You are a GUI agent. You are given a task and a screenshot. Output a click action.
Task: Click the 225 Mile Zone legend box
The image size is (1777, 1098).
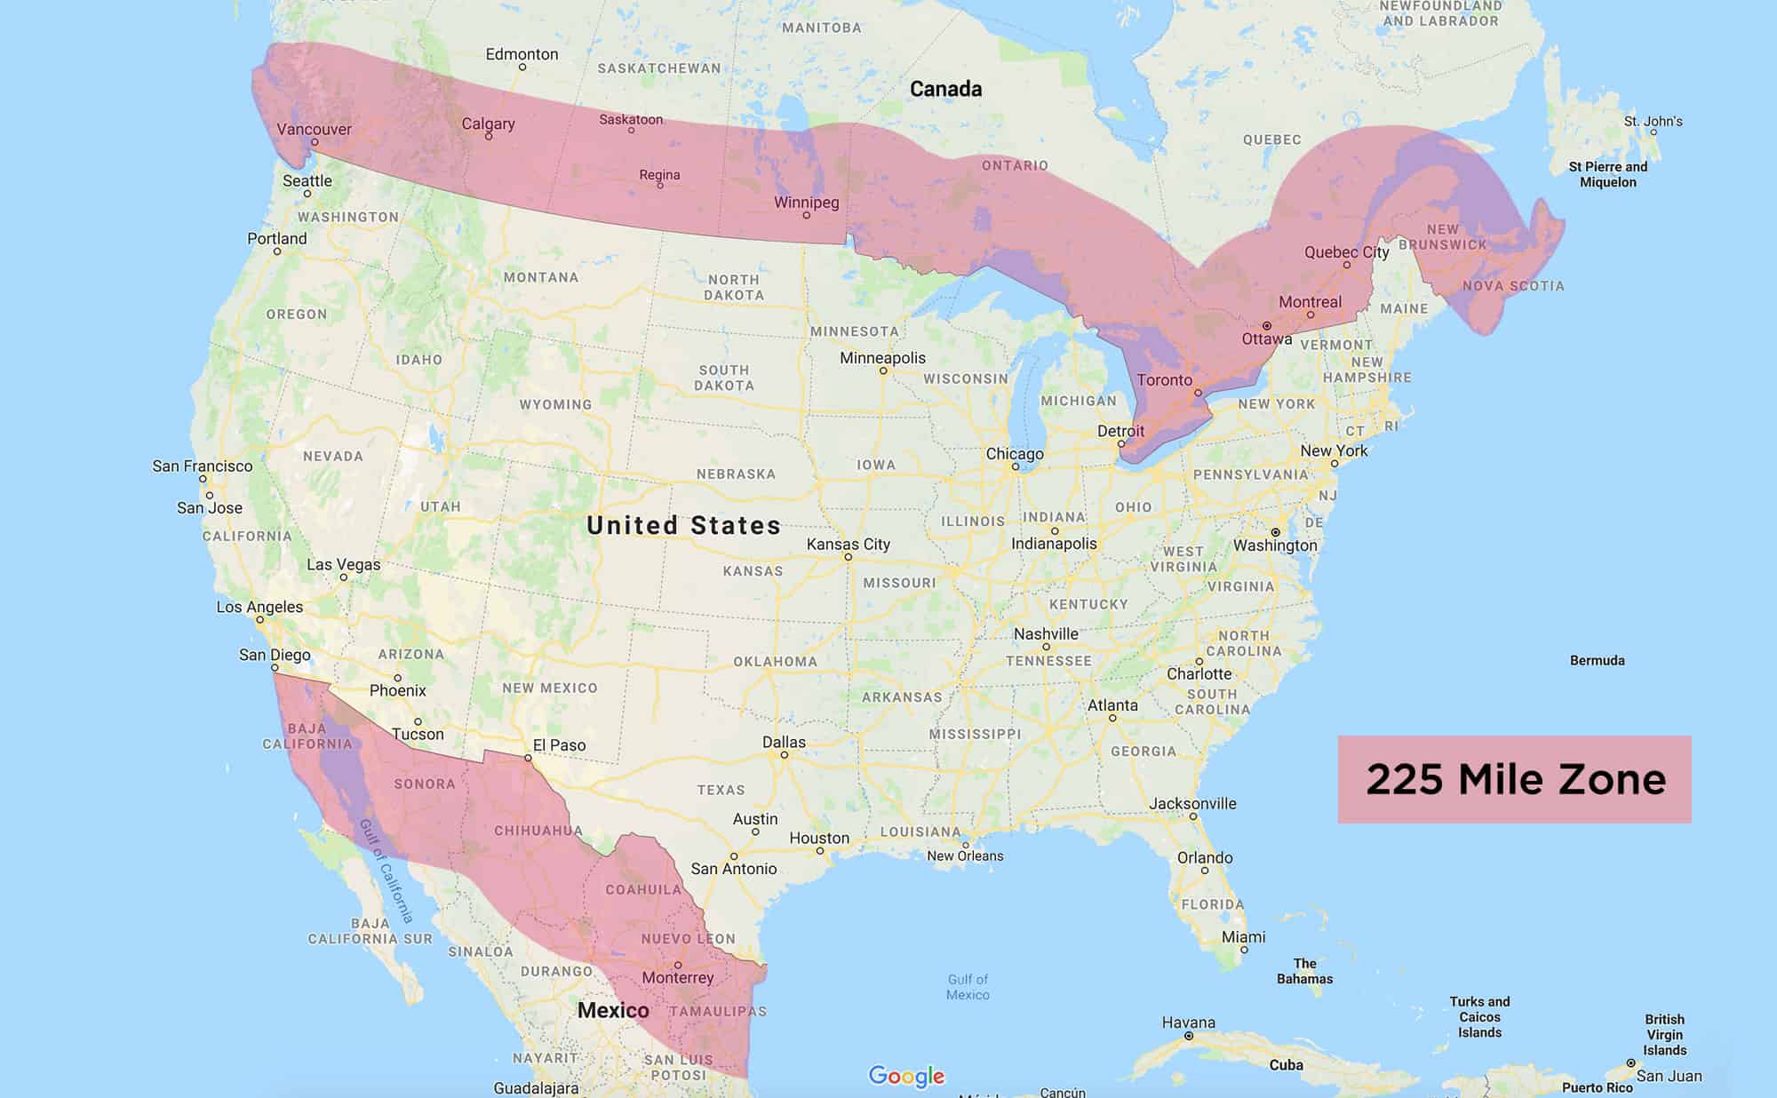click(x=1514, y=779)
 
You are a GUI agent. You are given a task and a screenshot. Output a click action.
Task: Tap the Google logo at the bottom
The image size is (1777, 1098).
click(x=906, y=1076)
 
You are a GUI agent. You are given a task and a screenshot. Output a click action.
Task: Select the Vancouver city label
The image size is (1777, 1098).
click(x=314, y=129)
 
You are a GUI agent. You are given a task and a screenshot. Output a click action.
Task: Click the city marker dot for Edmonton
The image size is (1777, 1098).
click(x=522, y=68)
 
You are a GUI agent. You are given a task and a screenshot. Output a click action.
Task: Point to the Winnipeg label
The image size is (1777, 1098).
click(x=806, y=202)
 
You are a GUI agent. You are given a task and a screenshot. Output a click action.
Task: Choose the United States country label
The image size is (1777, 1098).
click(x=683, y=525)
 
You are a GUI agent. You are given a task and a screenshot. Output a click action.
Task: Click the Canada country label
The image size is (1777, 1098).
click(x=945, y=89)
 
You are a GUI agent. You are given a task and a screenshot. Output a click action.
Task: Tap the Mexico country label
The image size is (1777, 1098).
click(x=613, y=1010)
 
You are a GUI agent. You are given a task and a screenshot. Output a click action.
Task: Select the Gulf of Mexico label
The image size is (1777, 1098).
click(x=968, y=987)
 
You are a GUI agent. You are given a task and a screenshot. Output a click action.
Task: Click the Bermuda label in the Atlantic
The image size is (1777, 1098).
click(x=1597, y=660)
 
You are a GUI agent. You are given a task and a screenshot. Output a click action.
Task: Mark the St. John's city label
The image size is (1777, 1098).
click(x=1653, y=121)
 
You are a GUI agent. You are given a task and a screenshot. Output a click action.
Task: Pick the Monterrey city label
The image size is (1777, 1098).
click(x=677, y=978)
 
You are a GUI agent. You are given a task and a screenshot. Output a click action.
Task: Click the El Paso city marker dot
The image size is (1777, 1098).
click(x=528, y=759)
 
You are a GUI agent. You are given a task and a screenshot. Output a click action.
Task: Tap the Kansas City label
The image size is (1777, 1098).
click(x=848, y=544)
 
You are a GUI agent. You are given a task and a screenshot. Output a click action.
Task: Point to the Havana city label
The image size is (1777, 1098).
click(x=1188, y=1022)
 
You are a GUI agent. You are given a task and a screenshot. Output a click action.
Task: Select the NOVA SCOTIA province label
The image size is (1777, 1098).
click(x=1513, y=286)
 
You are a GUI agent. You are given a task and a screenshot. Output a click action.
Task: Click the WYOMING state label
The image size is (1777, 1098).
click(x=555, y=404)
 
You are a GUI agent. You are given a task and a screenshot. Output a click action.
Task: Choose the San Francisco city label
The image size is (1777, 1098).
click(x=203, y=466)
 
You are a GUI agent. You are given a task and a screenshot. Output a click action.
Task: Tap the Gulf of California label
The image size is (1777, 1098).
click(x=387, y=871)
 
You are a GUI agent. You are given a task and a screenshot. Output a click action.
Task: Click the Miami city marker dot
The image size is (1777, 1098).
click(x=1244, y=950)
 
